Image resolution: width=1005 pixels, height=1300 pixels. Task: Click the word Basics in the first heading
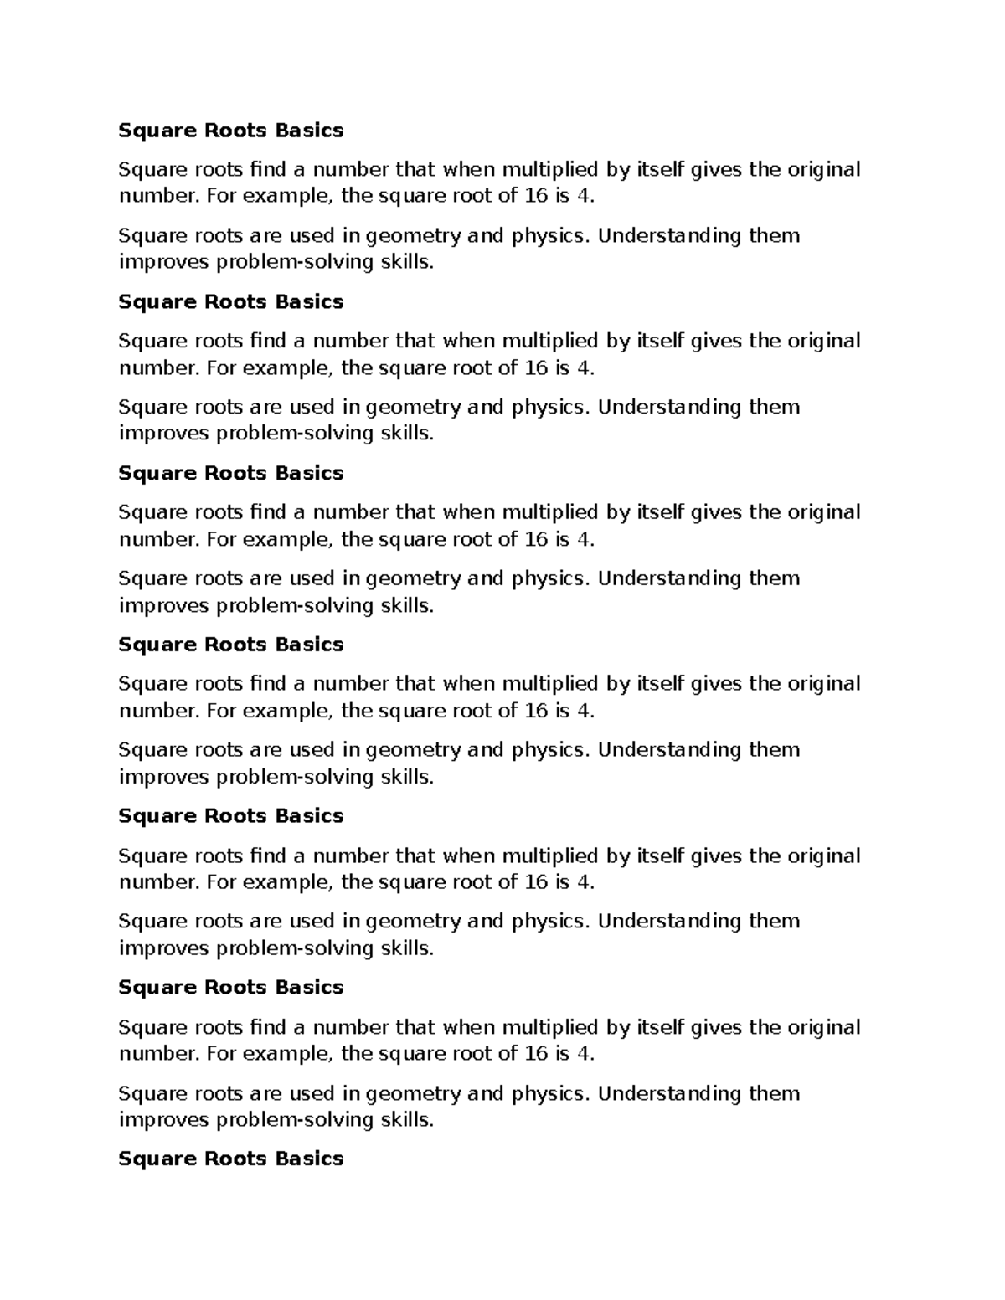309,131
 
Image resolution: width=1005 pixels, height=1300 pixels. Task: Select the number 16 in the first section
535,196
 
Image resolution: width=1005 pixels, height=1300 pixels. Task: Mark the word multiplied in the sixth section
550,1027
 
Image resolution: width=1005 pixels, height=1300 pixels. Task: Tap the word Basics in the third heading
309,473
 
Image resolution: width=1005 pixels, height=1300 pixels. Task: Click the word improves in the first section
164,262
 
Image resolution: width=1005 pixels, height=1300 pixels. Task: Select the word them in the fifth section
774,921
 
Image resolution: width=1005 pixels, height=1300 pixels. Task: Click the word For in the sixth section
221,1053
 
